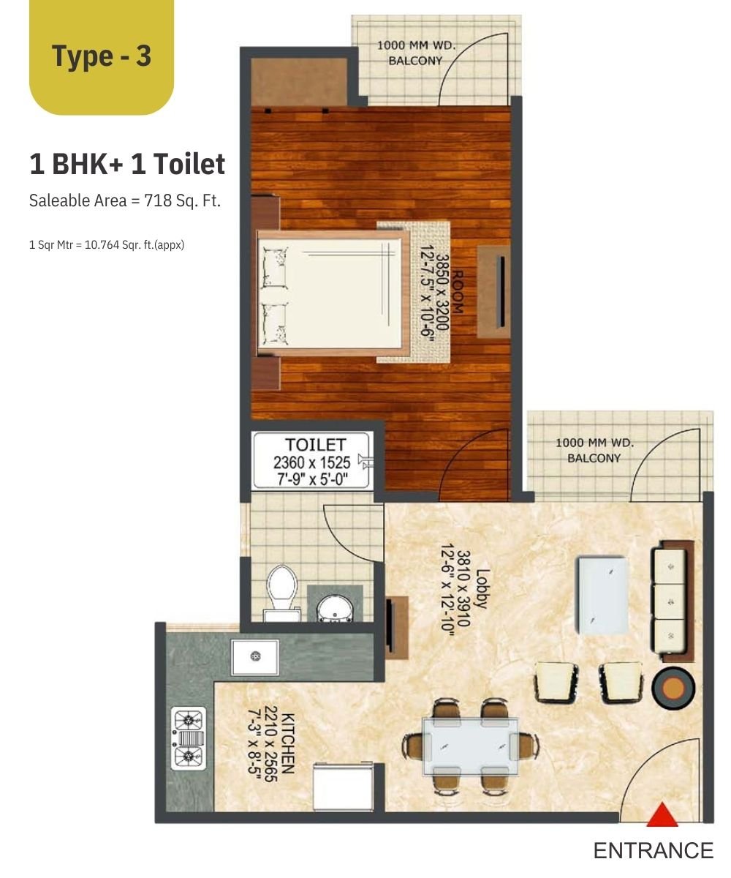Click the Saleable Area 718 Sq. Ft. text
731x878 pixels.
click(x=125, y=200)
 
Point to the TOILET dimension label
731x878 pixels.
click(x=311, y=462)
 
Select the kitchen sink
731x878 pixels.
click(x=254, y=657)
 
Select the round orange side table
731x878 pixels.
click(x=673, y=688)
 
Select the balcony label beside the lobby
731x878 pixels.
click(x=594, y=451)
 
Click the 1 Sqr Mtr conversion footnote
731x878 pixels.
click(x=107, y=244)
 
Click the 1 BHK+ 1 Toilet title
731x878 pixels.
click(x=127, y=164)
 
